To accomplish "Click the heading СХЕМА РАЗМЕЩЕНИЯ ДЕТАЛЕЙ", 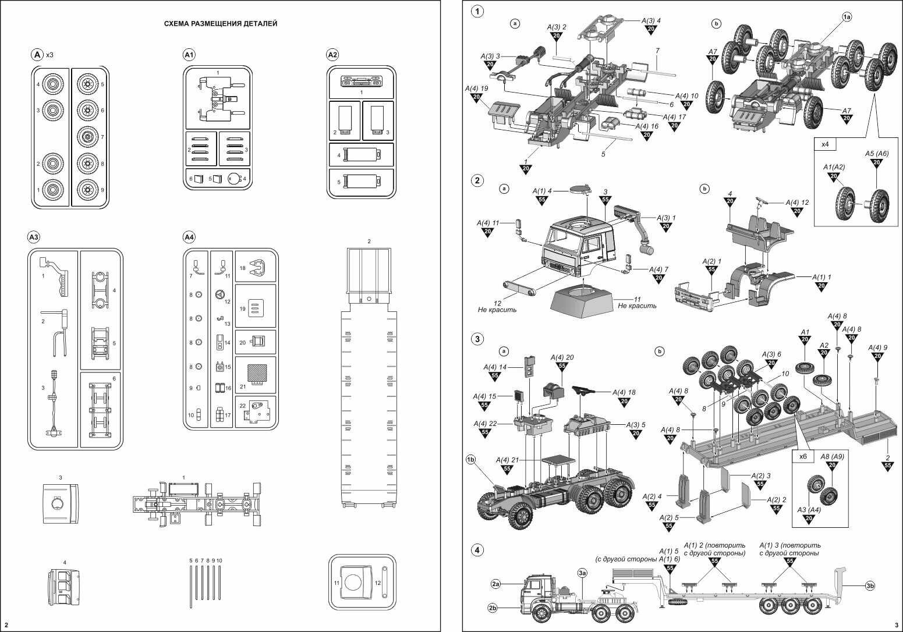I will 220,24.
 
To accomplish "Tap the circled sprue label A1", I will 189,55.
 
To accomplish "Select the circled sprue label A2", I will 332,55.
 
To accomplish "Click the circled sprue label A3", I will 34,237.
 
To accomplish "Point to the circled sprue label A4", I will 189,237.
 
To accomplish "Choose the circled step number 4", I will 477,549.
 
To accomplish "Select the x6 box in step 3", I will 803,457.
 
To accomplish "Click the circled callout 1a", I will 846,17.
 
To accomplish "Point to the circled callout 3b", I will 870,585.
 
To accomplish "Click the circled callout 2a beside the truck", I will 496,583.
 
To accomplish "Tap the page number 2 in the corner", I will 6,626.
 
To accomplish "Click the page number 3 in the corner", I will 897,626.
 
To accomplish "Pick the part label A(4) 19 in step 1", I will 476,88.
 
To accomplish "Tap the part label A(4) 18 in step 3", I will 624,393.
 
